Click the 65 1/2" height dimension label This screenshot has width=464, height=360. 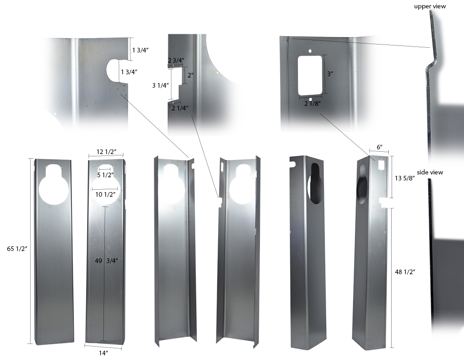(17, 249)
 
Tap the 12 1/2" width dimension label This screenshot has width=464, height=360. (106, 152)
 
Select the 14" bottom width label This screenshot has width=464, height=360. (103, 353)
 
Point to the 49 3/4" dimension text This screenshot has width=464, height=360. (106, 261)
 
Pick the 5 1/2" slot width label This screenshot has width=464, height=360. (105, 175)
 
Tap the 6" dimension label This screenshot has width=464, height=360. (380, 147)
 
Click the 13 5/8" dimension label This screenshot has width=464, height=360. (405, 178)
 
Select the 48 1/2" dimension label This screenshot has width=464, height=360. (405, 272)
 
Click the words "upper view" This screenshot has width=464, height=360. (430, 6)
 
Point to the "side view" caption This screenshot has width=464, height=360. (430, 172)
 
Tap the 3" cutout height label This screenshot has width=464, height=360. (330, 74)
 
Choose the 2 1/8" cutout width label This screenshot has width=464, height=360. (312, 103)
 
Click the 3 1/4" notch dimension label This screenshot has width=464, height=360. (161, 85)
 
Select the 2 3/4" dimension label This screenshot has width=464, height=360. (176, 60)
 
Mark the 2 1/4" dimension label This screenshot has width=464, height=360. (180, 108)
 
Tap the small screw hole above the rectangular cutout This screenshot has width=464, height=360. (309, 51)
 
